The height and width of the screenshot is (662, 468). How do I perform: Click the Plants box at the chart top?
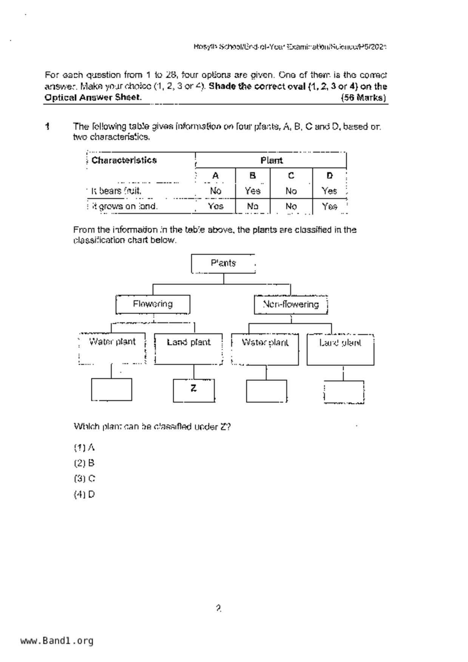tap(223, 263)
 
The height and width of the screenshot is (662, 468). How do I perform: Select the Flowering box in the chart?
tap(153, 304)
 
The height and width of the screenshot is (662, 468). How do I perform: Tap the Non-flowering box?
tap(290, 305)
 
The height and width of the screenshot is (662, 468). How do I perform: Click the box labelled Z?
tap(194, 390)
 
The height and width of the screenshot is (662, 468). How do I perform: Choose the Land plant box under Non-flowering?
tap(340, 349)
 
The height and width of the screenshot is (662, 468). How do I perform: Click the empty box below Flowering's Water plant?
tap(111, 389)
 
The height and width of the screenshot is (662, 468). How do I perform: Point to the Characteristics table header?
tap(124, 160)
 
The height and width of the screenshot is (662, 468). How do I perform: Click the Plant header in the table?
tap(271, 160)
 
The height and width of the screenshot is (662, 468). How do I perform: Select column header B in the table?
tap(253, 176)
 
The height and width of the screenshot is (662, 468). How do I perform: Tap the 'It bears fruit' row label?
tap(116, 191)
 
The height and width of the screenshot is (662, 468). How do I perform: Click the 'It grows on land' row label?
tap(125, 206)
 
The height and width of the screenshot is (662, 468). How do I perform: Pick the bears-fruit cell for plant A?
tap(215, 191)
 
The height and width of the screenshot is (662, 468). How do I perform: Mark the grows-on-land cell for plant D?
tap(329, 206)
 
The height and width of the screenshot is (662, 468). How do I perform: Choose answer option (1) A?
tap(84, 448)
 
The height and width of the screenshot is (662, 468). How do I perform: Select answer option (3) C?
tap(85, 479)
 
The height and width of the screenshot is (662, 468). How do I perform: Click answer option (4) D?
tap(85, 494)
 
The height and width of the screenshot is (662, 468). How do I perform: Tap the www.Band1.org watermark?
tap(57, 641)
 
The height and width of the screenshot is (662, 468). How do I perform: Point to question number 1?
tap(48, 126)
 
